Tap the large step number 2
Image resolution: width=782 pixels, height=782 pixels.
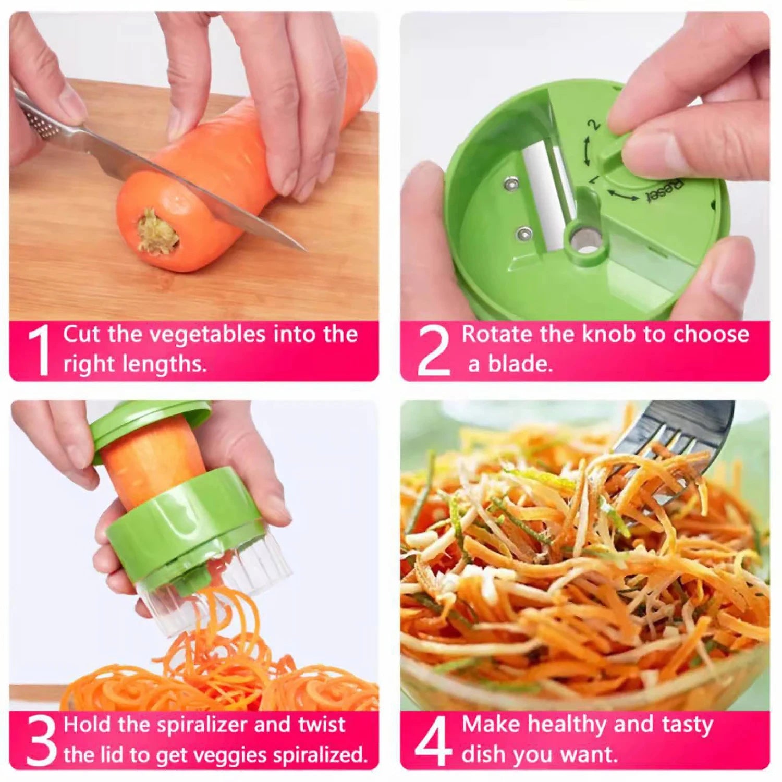pyautogui.click(x=433, y=350)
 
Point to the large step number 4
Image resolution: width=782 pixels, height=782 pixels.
pyautogui.click(x=433, y=740)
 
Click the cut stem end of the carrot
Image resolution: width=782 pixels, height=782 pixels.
pyautogui.click(x=157, y=232)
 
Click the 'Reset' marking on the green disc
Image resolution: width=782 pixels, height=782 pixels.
pyautogui.click(x=665, y=191)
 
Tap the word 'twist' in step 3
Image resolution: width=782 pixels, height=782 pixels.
pyautogui.click(x=321, y=725)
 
